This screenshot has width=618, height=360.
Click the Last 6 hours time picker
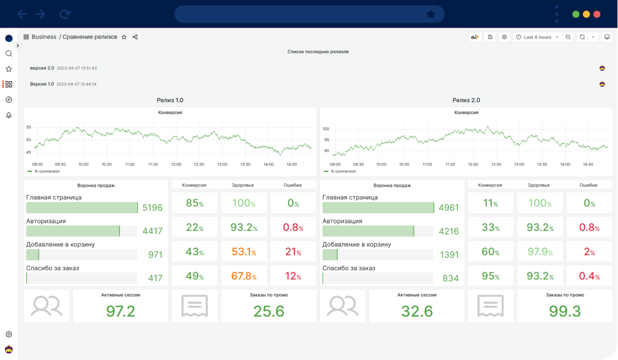(x=537, y=37)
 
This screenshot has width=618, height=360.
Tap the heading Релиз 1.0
(x=170, y=100)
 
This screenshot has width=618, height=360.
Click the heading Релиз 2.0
(x=466, y=100)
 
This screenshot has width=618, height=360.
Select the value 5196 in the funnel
(x=153, y=208)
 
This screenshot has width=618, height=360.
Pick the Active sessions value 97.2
(x=121, y=311)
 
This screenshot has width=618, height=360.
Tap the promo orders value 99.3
(x=565, y=311)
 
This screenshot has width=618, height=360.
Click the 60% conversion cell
(x=490, y=252)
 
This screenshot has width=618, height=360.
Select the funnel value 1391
(x=448, y=255)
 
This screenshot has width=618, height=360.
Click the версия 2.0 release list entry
(x=42, y=68)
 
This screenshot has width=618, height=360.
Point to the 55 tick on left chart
(x=28, y=127)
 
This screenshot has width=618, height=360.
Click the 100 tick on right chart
(x=325, y=129)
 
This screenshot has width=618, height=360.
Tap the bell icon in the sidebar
(x=9, y=115)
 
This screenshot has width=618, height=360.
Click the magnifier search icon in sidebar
(x=9, y=54)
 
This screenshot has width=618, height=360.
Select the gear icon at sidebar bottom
(x=9, y=334)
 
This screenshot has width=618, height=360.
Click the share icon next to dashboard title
(x=135, y=37)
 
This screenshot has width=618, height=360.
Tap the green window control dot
(x=576, y=14)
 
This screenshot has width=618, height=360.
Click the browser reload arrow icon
(x=65, y=14)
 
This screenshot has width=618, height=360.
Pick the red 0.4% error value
(x=589, y=276)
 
